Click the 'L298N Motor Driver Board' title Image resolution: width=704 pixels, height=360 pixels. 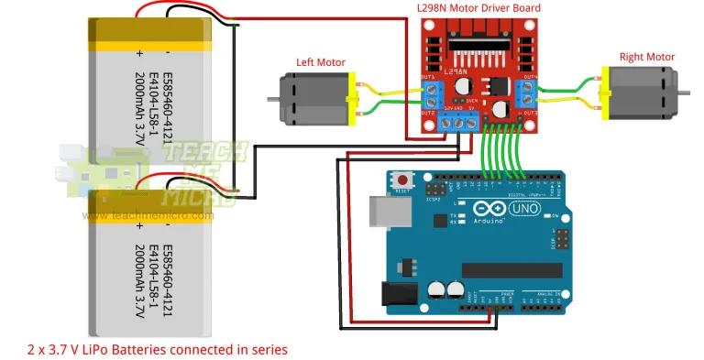[x=478, y=8]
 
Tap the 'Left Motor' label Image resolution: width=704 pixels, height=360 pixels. [x=319, y=62]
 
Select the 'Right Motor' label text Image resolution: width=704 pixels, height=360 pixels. [x=646, y=57]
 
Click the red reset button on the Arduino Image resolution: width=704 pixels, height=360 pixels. [x=401, y=180]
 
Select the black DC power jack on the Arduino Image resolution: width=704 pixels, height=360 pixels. [x=396, y=292]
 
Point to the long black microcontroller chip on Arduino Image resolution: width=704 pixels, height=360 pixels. [x=511, y=269]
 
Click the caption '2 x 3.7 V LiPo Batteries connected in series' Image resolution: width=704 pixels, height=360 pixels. [x=158, y=349]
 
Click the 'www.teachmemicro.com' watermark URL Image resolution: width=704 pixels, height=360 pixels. [x=147, y=216]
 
